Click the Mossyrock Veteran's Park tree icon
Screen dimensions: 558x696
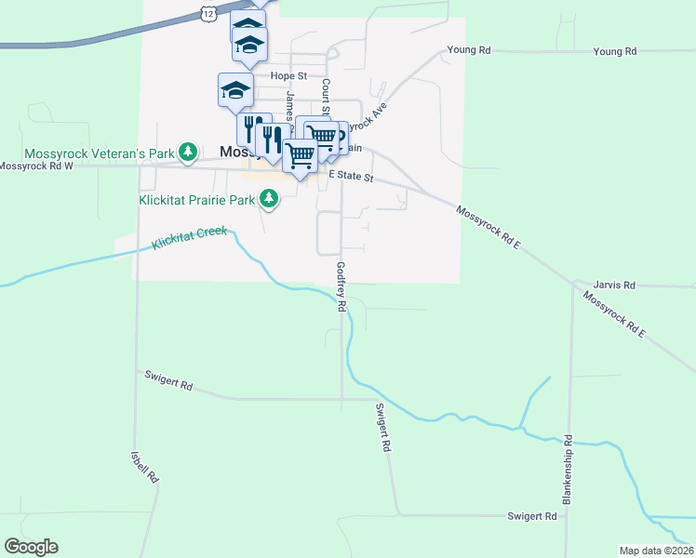tap(188, 150)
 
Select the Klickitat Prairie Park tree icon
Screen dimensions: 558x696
tap(269, 197)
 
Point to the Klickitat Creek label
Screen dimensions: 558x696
tap(190, 238)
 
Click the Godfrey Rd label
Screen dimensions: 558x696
tap(341, 286)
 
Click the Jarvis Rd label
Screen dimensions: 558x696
tap(616, 285)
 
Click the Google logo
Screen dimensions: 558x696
tap(31, 547)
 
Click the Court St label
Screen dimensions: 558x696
tap(327, 97)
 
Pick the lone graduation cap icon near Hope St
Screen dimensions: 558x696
tap(235, 90)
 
